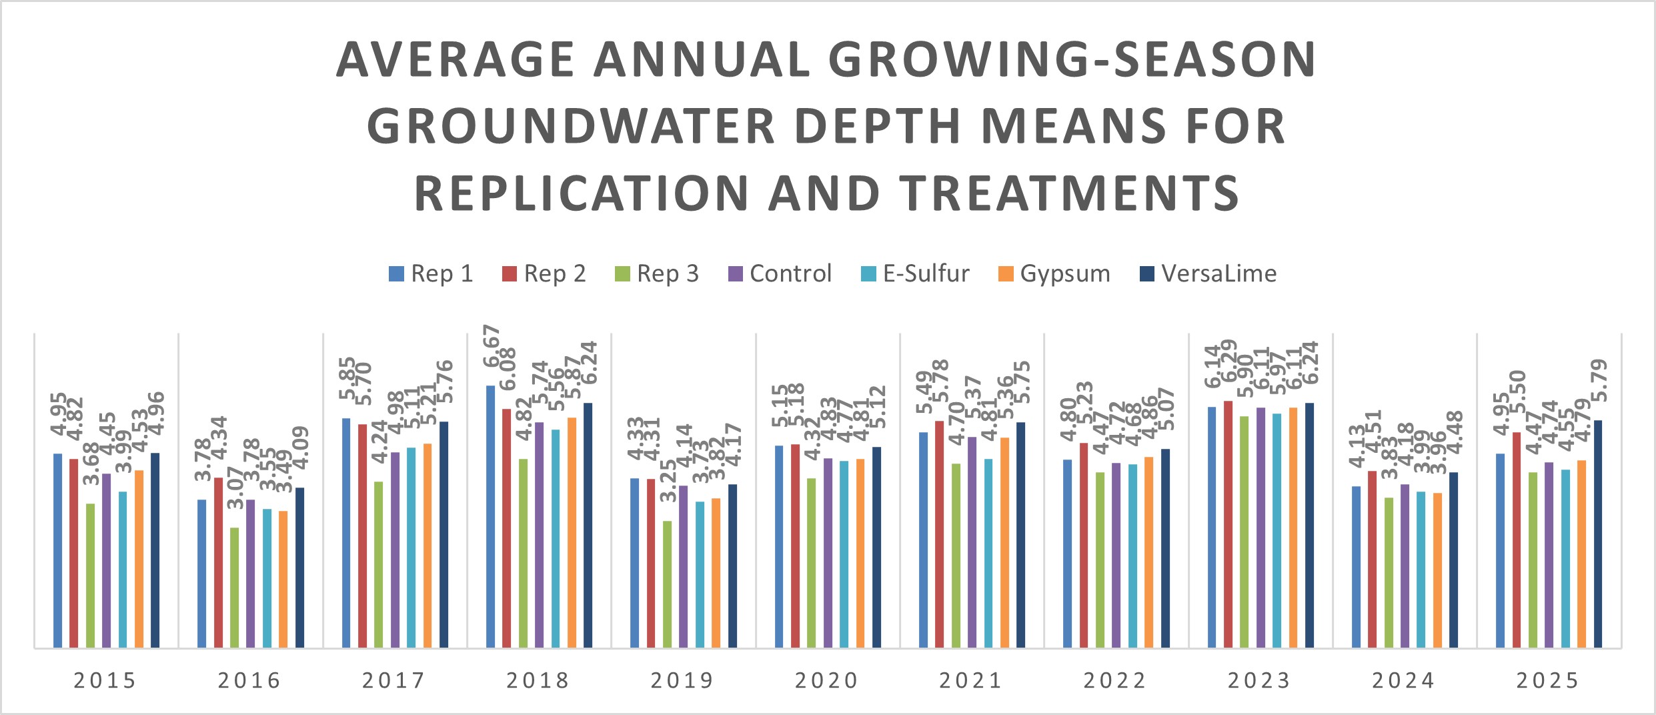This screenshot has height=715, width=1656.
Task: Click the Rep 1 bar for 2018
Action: (490, 517)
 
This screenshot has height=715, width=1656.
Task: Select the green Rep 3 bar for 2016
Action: (234, 587)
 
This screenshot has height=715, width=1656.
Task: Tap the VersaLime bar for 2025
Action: (1598, 534)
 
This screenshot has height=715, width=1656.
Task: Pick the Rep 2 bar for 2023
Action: (1228, 524)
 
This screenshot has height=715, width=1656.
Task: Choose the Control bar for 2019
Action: (683, 566)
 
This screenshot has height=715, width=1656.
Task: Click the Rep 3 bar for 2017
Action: (379, 564)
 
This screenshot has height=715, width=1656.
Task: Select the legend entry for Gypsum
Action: (1054, 273)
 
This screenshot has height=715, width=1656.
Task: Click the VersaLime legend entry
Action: (1208, 273)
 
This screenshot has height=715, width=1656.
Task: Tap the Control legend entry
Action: (780, 273)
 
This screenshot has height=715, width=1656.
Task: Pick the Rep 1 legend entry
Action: (432, 273)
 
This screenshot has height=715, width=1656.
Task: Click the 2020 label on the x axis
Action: (827, 680)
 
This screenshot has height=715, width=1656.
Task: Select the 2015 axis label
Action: (105, 680)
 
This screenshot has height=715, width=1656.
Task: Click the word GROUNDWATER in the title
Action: (570, 126)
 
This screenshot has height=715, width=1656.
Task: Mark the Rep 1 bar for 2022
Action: (1067, 554)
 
